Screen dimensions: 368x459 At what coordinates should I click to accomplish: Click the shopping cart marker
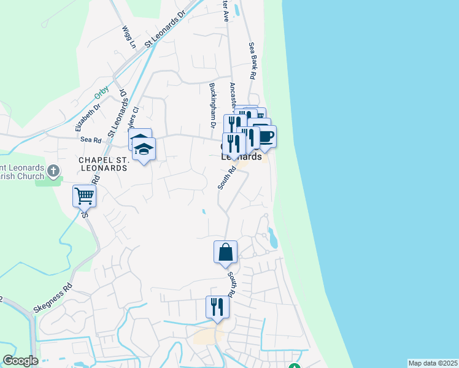84,197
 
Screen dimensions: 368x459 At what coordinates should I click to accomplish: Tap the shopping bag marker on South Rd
225,252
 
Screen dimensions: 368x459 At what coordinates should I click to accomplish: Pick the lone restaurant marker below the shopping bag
217,307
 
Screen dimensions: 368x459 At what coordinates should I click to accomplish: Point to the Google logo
20,360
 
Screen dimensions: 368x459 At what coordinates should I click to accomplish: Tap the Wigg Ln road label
128,36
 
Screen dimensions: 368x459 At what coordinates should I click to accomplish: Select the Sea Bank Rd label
252,60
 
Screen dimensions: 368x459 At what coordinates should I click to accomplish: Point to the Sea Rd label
90,140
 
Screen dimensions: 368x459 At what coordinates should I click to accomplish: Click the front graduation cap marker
145,150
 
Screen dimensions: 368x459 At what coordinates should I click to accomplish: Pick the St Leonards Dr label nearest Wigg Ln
164,30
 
